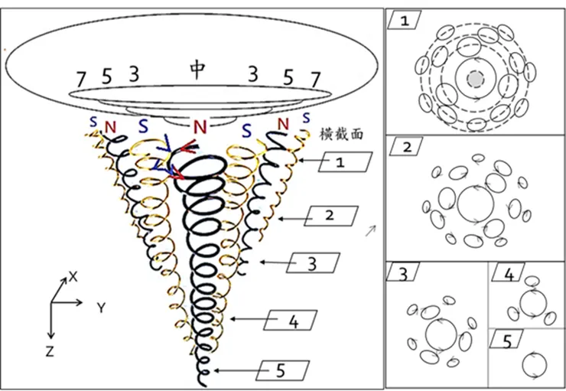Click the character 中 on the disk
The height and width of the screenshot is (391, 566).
(197, 70)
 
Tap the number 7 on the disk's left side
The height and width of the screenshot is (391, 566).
(81, 78)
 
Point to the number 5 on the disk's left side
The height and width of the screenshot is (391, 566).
(106, 76)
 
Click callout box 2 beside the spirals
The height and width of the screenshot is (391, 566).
(329, 217)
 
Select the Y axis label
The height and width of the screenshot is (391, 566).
(100, 308)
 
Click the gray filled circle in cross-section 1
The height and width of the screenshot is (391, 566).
(475, 80)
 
